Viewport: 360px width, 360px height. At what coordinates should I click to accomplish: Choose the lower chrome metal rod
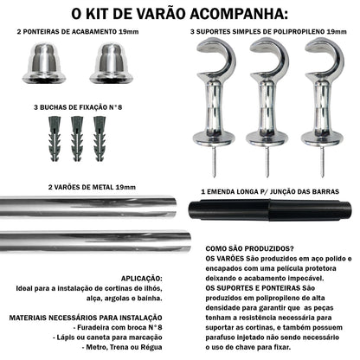coord(95,239)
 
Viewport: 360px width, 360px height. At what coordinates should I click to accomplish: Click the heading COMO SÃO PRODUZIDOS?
coord(248,247)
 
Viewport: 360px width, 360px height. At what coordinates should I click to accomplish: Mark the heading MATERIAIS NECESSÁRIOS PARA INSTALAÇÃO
coord(95,318)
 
